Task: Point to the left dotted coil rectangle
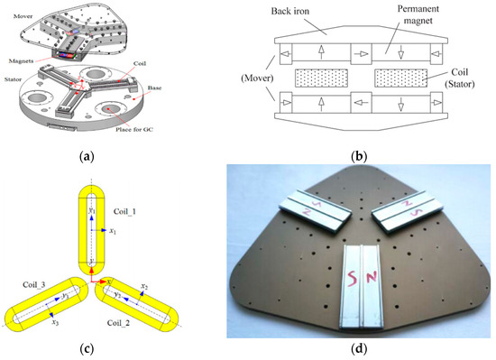click(324, 77)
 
